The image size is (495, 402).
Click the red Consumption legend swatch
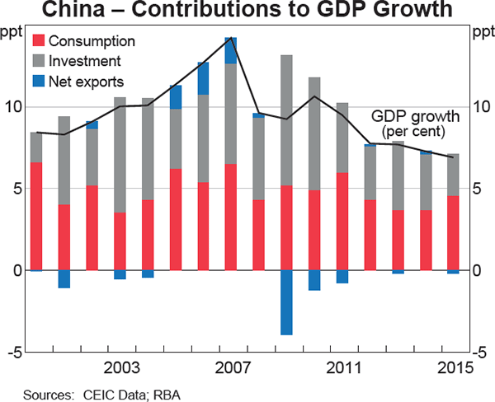38,41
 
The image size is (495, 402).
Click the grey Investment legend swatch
38,61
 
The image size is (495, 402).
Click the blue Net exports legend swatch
38,82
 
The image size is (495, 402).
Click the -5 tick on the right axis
481,353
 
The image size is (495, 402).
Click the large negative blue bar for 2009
286,302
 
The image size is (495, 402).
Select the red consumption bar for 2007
231,217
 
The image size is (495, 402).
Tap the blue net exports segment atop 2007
231,50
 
